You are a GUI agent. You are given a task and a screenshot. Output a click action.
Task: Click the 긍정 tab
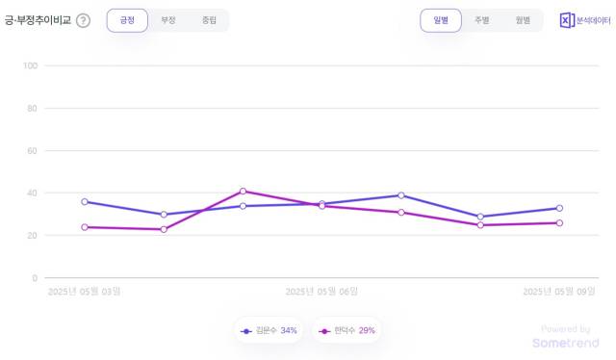(127, 20)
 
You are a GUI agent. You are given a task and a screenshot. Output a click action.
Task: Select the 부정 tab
(168, 20)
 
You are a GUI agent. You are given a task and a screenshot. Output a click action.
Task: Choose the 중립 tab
(209, 20)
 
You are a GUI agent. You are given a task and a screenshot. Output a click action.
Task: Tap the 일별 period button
(441, 20)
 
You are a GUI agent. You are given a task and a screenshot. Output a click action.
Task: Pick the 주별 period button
(481, 20)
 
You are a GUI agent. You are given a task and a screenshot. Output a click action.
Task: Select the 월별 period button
(523, 20)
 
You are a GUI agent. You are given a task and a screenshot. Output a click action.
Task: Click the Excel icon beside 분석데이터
(567, 20)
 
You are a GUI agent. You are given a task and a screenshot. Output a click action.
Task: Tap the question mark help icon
(83, 21)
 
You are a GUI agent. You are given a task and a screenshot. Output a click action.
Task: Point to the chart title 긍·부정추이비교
(38, 21)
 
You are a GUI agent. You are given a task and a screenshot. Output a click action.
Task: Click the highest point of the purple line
(243, 191)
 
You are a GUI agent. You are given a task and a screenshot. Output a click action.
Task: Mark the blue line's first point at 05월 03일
(85, 202)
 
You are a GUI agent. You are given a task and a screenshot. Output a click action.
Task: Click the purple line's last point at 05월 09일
(559, 223)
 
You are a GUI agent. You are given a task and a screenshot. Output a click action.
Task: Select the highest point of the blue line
(401, 195)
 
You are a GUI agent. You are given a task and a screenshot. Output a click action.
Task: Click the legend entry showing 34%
(269, 331)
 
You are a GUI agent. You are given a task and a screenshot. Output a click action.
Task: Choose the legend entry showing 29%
(347, 331)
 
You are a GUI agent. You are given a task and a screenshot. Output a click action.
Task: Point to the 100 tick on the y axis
(29, 65)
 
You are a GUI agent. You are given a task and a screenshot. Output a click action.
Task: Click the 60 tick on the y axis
(31, 150)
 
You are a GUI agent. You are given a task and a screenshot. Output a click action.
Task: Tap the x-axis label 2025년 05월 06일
(321, 290)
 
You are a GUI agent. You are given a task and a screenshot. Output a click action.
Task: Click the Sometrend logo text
(565, 343)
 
